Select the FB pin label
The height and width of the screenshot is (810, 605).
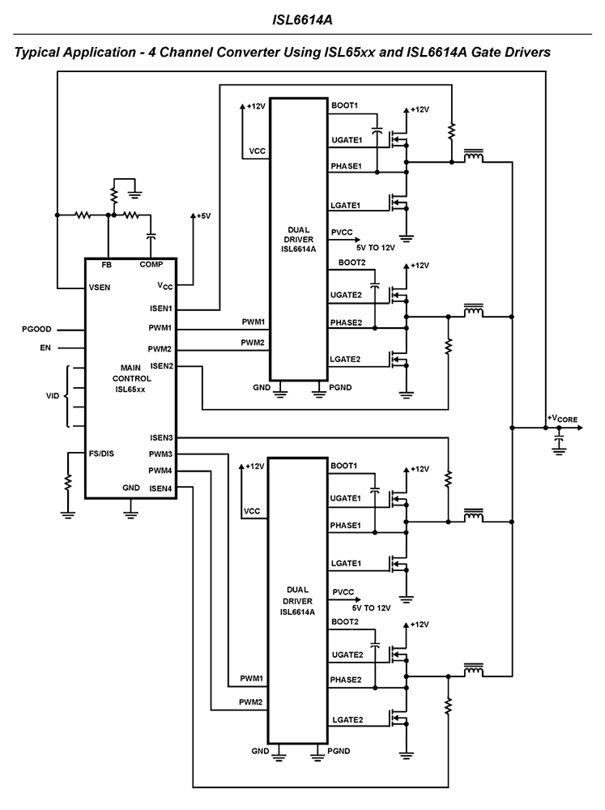point(106,265)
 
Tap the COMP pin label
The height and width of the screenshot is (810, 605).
point(151,265)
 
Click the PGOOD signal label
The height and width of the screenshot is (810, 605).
point(37,330)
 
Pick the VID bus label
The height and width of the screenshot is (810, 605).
point(52,396)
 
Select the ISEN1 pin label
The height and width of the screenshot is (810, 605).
point(161,309)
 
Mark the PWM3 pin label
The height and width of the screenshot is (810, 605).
point(160,454)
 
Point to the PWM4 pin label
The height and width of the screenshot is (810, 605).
point(160,471)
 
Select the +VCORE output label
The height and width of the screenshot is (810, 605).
point(563,418)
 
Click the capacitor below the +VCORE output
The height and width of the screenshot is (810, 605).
point(558,440)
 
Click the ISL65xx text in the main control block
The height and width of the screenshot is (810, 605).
point(130,389)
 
